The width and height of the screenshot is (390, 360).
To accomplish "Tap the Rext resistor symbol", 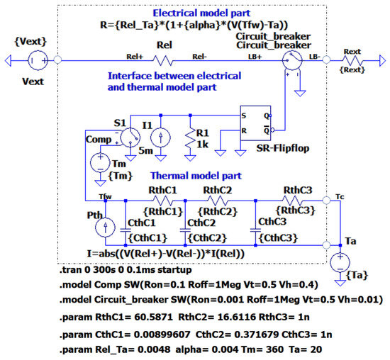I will coord(354,62).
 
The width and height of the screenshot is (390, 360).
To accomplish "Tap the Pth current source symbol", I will coord(106,226).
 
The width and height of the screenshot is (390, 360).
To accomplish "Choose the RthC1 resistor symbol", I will coord(155,201).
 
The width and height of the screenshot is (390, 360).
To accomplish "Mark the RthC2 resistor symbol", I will coord(218,201).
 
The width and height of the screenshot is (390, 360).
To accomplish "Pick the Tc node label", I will coord(340,196).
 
